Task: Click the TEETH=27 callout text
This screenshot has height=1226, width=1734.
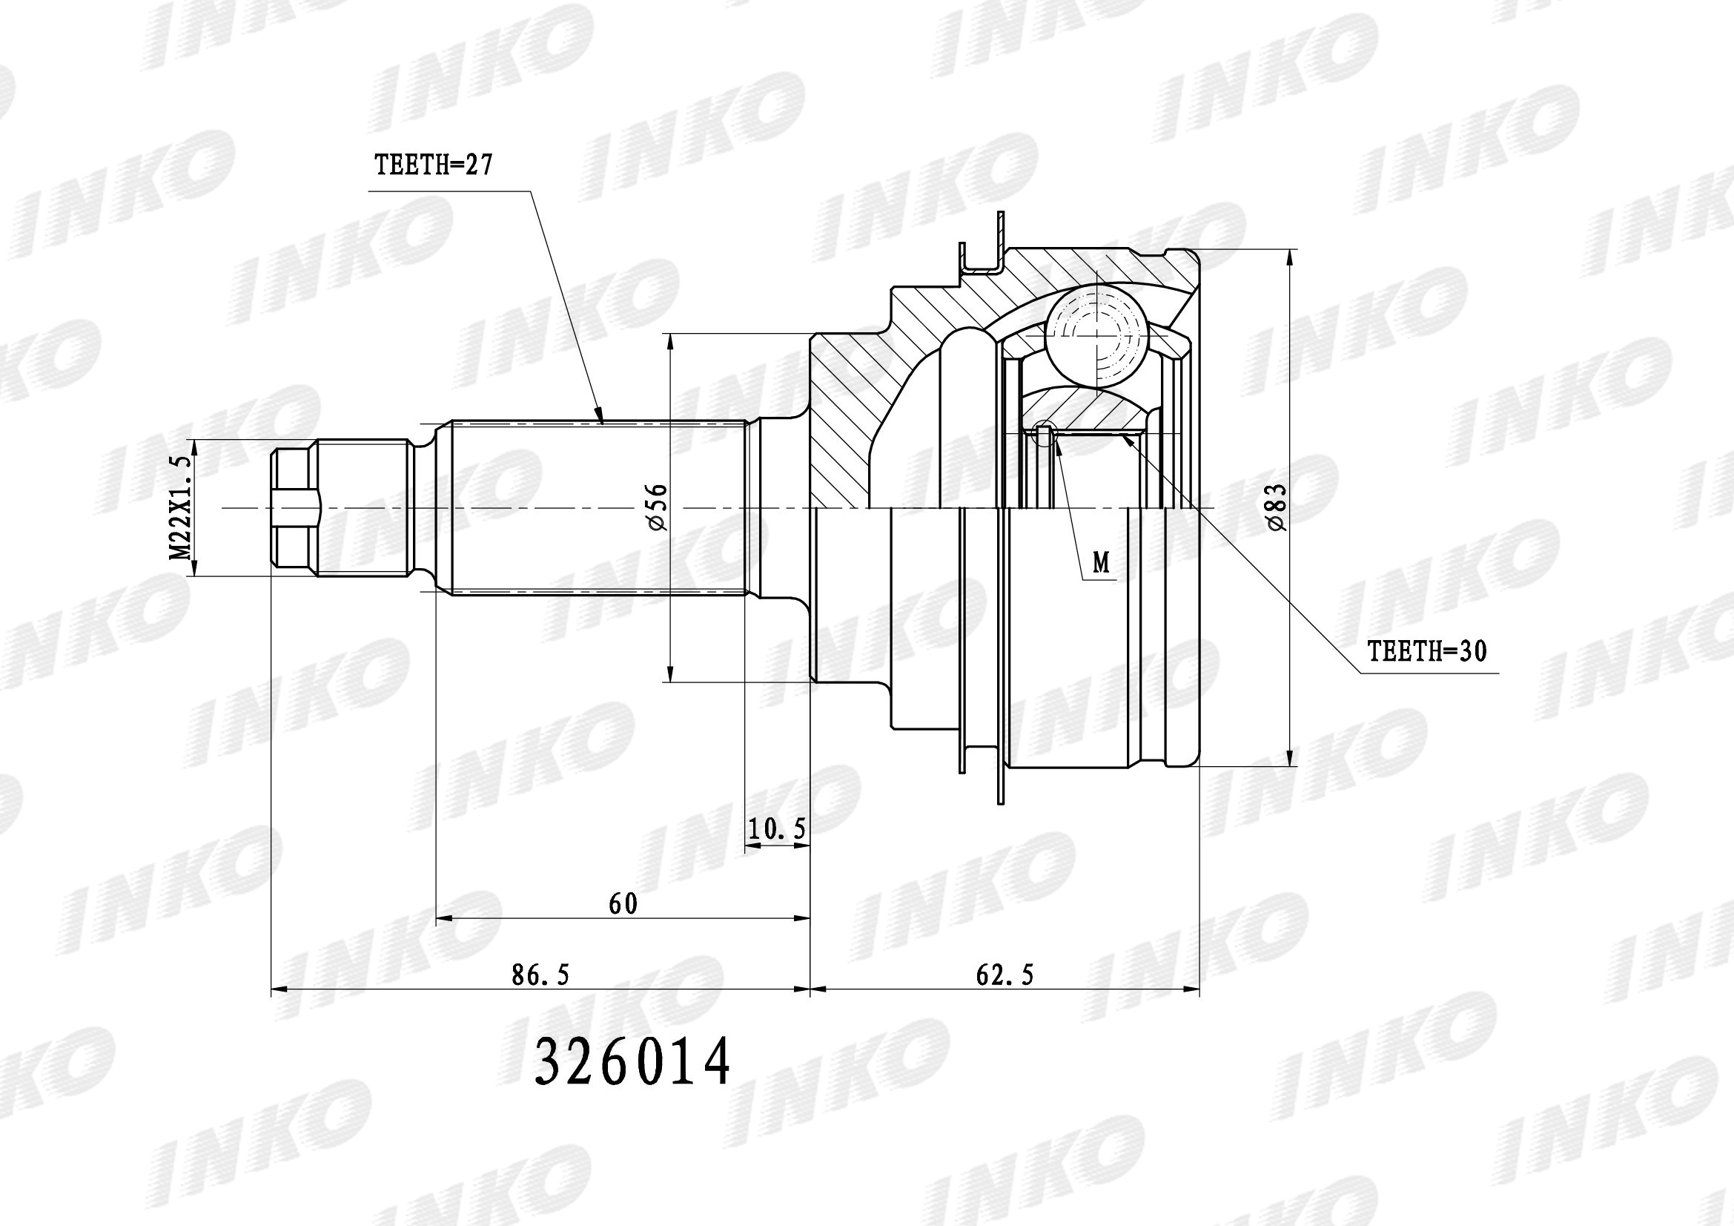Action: click(x=434, y=164)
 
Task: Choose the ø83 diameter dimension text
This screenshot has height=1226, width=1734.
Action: click(x=1277, y=507)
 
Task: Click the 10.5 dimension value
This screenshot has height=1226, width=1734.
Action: click(x=777, y=829)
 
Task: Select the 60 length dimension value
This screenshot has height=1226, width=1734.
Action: click(x=623, y=904)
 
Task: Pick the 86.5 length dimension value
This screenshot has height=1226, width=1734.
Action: click(x=540, y=975)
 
